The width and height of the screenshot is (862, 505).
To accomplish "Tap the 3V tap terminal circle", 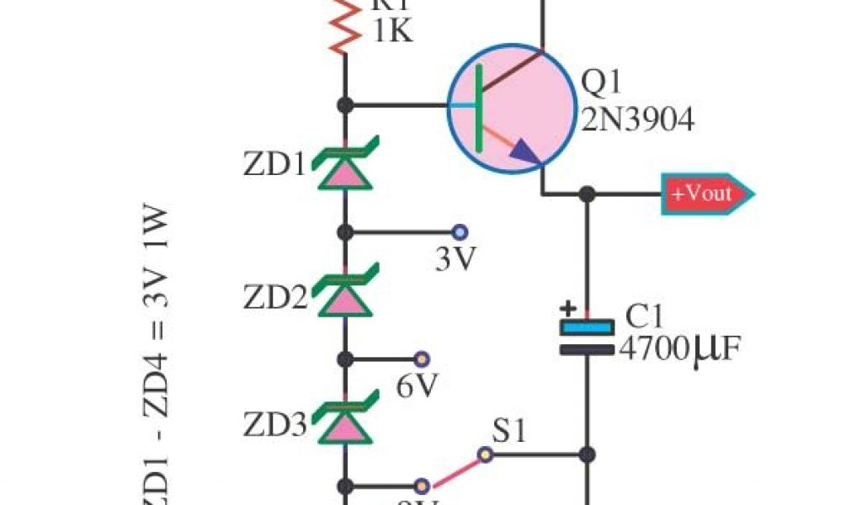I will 460,231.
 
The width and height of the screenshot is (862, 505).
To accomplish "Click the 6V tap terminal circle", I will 422,359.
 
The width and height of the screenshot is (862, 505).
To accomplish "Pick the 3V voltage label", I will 455,260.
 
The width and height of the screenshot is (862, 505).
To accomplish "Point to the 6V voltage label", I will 417,386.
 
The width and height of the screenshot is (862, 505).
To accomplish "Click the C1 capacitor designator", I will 644,316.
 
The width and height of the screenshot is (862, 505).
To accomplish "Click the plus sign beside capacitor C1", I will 569,308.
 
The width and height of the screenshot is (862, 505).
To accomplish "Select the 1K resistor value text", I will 391,32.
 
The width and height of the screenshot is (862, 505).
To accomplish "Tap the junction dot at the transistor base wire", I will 344,105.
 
